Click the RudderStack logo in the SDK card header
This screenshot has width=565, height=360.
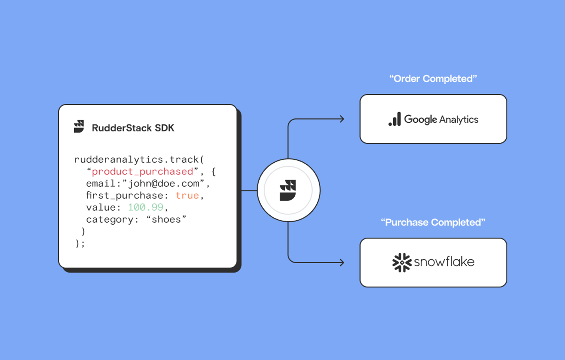(x=79, y=126)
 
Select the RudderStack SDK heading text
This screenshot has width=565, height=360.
(x=133, y=128)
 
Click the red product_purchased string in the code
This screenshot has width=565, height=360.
(x=142, y=171)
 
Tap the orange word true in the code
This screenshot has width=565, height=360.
(x=187, y=195)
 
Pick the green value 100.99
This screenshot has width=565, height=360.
(x=146, y=207)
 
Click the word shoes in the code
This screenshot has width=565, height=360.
(x=166, y=219)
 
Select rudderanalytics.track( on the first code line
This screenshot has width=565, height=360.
(x=139, y=160)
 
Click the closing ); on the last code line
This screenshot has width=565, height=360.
(x=80, y=244)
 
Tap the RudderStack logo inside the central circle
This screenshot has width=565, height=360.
(x=288, y=190)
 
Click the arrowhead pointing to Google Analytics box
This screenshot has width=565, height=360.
(x=341, y=119)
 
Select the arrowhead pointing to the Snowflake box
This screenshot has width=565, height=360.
(x=341, y=262)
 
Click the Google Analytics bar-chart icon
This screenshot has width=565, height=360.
(x=395, y=119)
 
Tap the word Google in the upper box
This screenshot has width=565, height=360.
(x=421, y=119)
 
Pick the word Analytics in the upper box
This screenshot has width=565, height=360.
(x=459, y=119)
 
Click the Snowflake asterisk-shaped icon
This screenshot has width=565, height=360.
(x=402, y=262)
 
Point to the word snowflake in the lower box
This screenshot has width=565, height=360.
(x=444, y=262)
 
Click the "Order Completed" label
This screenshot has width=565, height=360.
(x=433, y=79)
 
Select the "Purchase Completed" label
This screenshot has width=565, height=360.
(x=433, y=222)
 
